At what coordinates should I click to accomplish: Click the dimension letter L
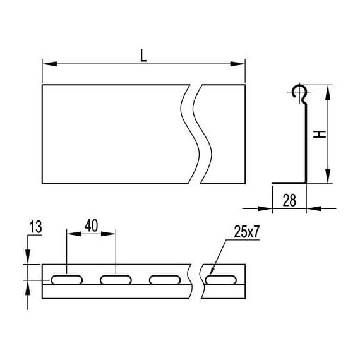coord(143,56)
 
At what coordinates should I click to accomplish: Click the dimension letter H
coord(320,134)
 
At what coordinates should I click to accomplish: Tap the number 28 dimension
coord(289,200)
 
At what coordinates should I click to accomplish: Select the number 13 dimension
coord(35,227)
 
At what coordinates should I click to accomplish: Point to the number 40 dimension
coord(92,225)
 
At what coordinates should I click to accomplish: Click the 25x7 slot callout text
coord(246,232)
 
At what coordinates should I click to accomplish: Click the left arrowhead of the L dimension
coord(50,64)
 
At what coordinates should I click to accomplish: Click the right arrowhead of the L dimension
coord(238,64)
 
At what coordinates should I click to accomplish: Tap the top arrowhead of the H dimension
coord(328,92)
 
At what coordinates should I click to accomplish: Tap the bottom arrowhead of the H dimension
coord(328,176)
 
